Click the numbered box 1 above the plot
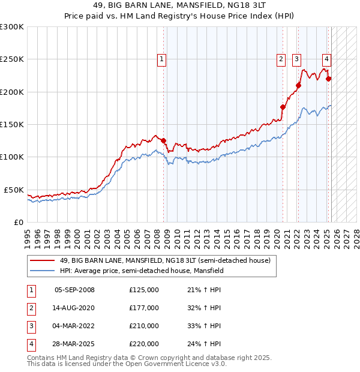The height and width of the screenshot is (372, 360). pyautogui.click(x=163, y=59)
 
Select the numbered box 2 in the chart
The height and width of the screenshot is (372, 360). pyautogui.click(x=281, y=59)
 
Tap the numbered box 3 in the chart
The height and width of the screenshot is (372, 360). pyautogui.click(x=296, y=59)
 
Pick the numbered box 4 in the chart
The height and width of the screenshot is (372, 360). pyautogui.click(x=326, y=59)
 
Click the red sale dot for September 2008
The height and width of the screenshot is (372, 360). pyautogui.click(x=163, y=140)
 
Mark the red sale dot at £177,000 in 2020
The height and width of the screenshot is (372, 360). pyautogui.click(x=283, y=107)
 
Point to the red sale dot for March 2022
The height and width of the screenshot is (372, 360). pyautogui.click(x=298, y=85)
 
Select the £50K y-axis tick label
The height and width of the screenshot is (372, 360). pyautogui.click(x=14, y=190)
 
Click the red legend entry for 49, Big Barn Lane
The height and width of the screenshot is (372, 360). pyautogui.click(x=165, y=260)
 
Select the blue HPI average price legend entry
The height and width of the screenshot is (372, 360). pyautogui.click(x=142, y=271)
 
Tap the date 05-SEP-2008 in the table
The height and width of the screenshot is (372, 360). pyautogui.click(x=74, y=290)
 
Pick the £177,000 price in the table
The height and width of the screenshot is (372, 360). pyautogui.click(x=144, y=308)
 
